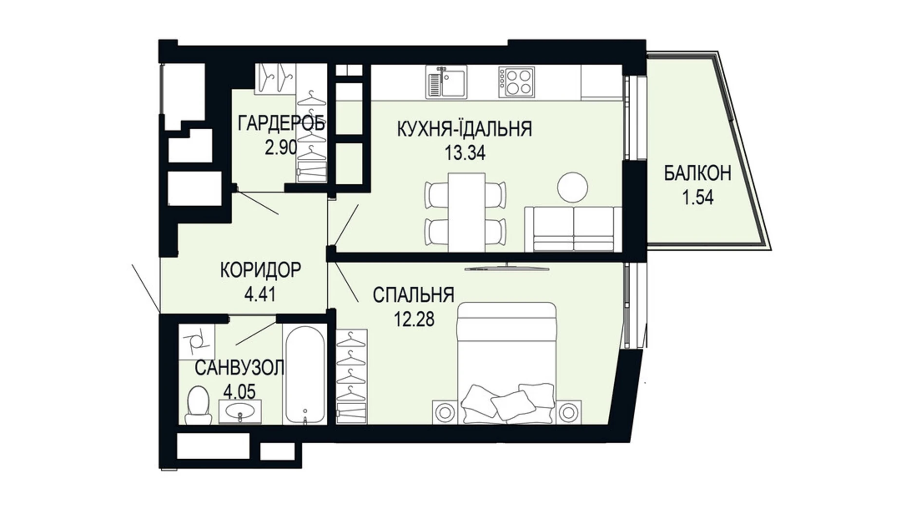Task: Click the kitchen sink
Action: click(446, 82)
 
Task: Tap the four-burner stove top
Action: click(517, 82)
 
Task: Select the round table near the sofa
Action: click(572, 187)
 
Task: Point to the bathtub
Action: click(305, 374)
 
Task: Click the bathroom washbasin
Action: click(240, 411)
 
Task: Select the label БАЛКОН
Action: click(697, 173)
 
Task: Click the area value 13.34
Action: click(465, 153)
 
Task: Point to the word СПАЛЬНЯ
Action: click(413, 295)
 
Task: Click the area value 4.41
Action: click(260, 294)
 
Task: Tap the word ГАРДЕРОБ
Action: click(281, 124)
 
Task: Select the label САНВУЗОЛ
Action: click(239, 368)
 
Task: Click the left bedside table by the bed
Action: click(444, 412)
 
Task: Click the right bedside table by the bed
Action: click(568, 412)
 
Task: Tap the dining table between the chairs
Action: click(467, 212)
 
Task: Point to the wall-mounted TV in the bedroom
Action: click(507, 268)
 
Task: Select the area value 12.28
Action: click(414, 319)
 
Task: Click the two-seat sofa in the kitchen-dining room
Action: click(573, 229)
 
